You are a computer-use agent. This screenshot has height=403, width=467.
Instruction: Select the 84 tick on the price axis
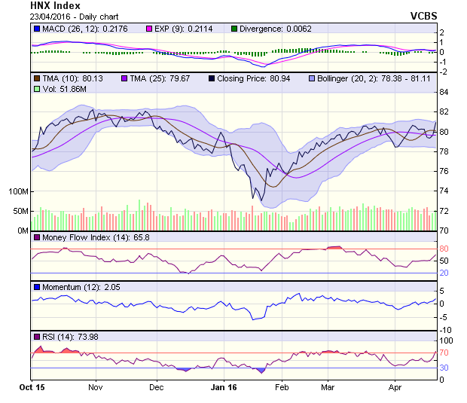[444, 92]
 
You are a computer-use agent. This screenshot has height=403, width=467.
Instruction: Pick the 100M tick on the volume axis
[20, 191]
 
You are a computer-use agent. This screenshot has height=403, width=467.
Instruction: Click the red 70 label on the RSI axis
[444, 353]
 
